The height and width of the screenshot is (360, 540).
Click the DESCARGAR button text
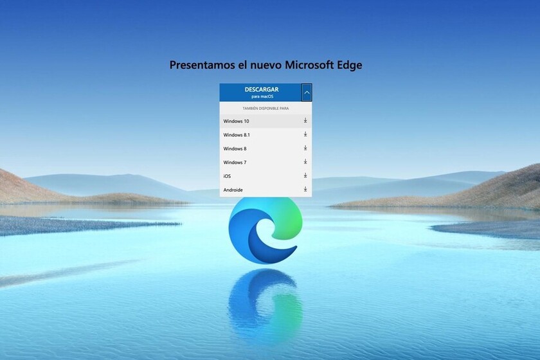click(x=261, y=89)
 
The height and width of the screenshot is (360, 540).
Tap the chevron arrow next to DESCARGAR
click(x=307, y=93)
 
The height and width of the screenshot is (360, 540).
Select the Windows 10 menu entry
click(x=237, y=121)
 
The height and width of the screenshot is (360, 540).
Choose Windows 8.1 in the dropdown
click(x=237, y=135)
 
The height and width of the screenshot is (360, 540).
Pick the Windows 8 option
click(x=235, y=148)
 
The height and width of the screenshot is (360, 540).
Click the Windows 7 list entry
click(x=235, y=162)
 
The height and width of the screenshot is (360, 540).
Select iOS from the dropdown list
click(x=228, y=176)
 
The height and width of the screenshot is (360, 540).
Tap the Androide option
click(x=233, y=190)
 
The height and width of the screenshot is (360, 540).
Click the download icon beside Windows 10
click(x=305, y=121)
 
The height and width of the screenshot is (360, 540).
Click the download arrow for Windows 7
click(x=305, y=162)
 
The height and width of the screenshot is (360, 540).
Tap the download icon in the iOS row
click(x=305, y=175)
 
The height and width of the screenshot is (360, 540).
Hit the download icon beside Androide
click(x=305, y=190)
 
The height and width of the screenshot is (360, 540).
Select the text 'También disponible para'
click(x=265, y=108)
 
